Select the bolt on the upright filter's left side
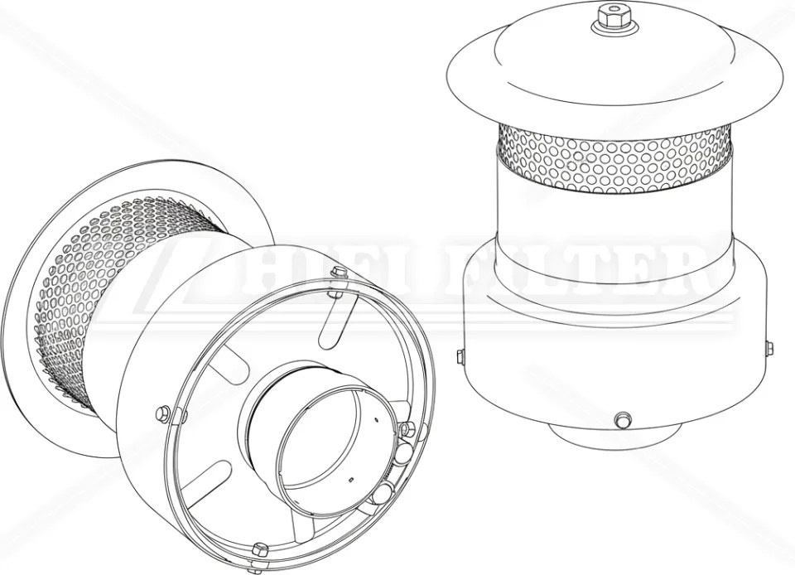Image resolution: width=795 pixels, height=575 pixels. [460, 356]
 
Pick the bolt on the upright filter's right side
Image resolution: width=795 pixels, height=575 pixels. [768, 348]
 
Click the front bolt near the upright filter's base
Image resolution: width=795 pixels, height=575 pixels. [622, 420]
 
